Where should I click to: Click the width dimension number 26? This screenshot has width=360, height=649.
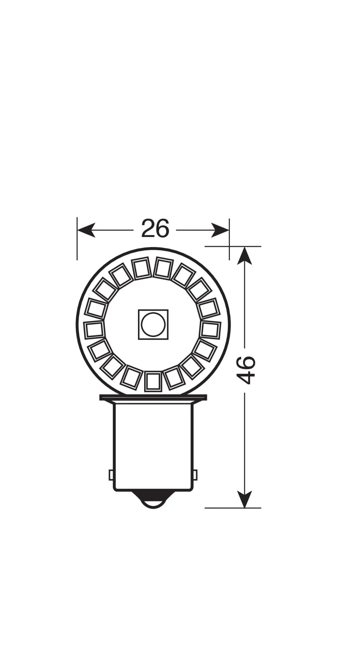click(x=155, y=228)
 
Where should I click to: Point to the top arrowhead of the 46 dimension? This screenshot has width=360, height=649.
click(x=244, y=255)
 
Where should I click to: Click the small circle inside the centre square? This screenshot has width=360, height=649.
click(x=153, y=324)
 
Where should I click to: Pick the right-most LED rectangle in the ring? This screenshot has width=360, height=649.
click(x=211, y=329)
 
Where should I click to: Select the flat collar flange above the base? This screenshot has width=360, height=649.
click(x=153, y=398)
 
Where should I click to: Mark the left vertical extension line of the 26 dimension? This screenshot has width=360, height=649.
click(x=77, y=240)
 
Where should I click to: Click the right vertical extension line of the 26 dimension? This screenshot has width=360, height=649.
click(x=229, y=240)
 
